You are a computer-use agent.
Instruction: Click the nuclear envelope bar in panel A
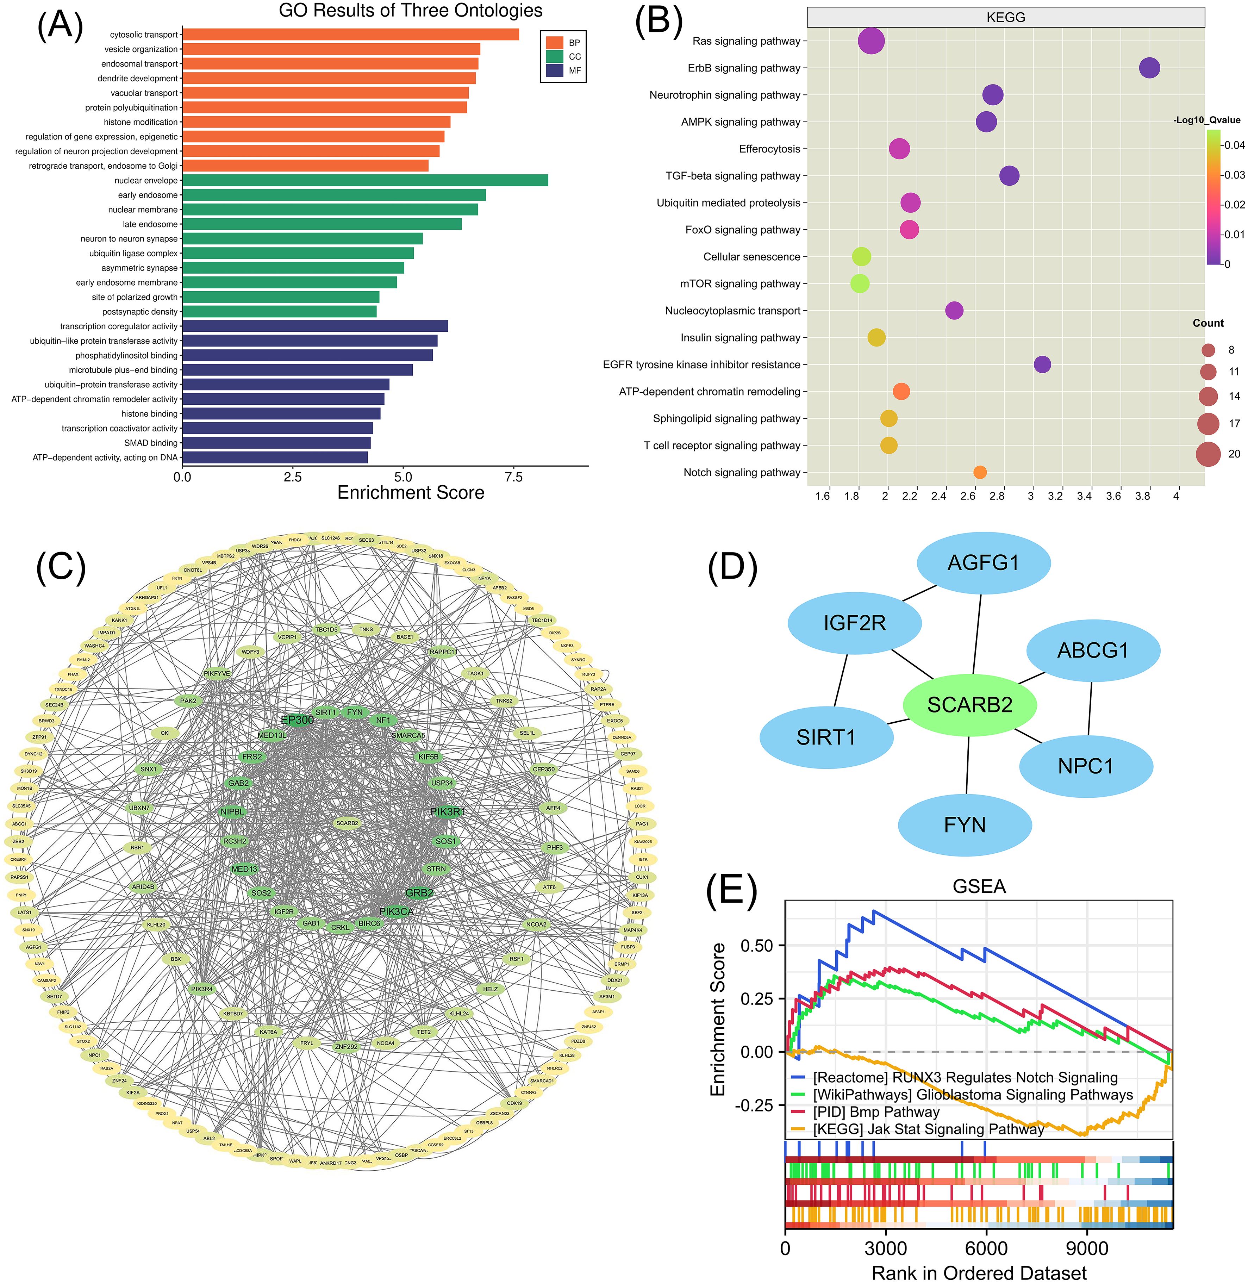[x=364, y=180]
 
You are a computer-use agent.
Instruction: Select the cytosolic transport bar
[x=350, y=35]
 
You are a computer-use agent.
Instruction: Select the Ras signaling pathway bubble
[x=871, y=41]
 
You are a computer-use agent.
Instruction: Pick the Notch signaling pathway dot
[x=980, y=472]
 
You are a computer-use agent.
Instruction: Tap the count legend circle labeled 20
[x=1208, y=454]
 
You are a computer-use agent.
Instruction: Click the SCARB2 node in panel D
[x=969, y=705]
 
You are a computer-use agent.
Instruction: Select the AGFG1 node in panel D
[x=983, y=562]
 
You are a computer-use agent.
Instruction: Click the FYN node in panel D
[x=964, y=824]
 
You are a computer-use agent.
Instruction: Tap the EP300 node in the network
[x=297, y=720]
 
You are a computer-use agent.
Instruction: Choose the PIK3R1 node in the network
[x=447, y=812]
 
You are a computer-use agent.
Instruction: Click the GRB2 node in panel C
[x=419, y=892]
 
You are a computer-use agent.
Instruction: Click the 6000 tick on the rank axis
[x=986, y=1248]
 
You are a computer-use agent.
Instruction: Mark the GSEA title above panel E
[x=979, y=886]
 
